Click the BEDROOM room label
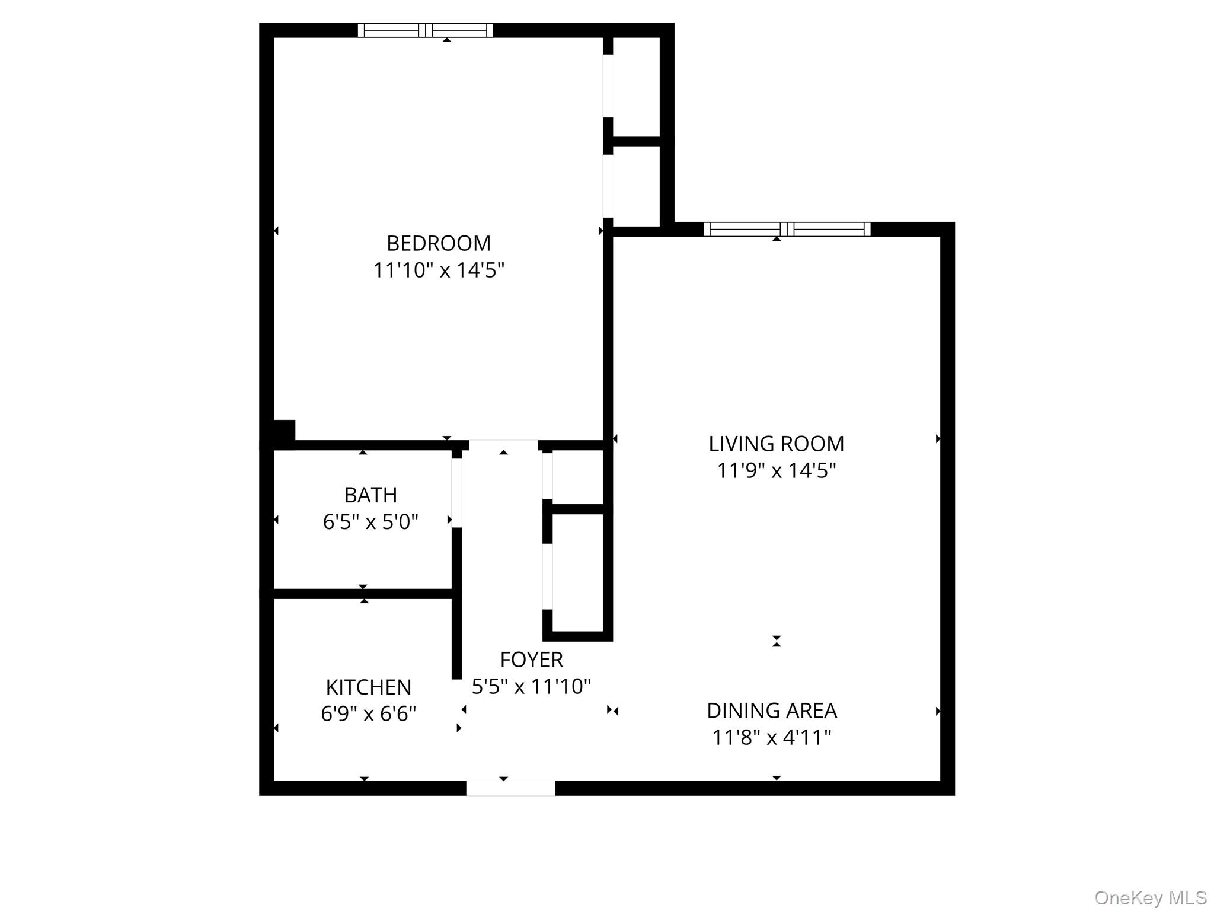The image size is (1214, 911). click(439, 243)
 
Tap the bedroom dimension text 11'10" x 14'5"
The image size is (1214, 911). click(439, 270)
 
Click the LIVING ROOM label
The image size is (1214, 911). click(776, 444)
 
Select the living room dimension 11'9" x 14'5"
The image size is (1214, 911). click(776, 471)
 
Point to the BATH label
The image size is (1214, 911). click(370, 495)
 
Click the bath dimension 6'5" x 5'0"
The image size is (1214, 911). click(370, 522)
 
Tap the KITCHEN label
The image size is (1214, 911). click(368, 687)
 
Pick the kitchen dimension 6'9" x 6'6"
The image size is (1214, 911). click(368, 713)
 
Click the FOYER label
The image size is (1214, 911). click(531, 660)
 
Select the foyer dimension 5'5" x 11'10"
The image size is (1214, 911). click(531, 687)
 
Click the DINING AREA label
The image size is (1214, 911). click(772, 711)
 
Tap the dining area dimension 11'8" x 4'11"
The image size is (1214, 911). click(772, 738)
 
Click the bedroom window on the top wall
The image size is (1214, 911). click(426, 30)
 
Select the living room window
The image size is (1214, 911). click(787, 230)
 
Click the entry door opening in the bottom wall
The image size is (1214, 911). click(510, 788)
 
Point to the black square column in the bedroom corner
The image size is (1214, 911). click(283, 431)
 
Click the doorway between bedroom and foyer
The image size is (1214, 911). click(503, 445)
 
